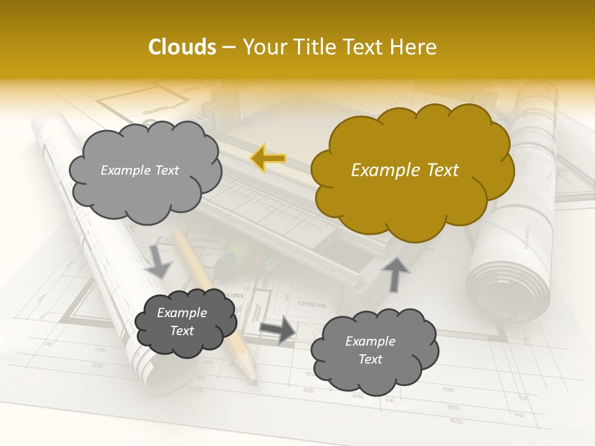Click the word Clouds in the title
tap(182, 47)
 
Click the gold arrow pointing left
tap(268, 159)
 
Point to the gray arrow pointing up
tap(397, 273)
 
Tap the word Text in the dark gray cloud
tap(182, 331)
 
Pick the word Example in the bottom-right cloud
tap(370, 341)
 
